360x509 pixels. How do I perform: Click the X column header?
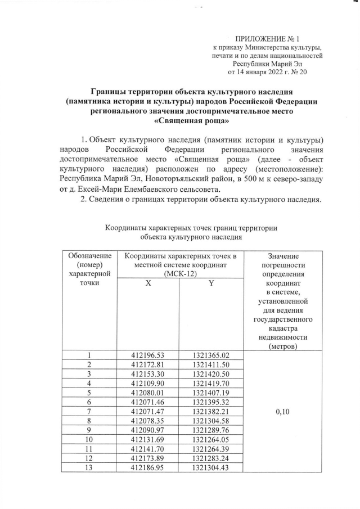(x=148, y=284)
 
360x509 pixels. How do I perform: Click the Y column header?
(x=211, y=284)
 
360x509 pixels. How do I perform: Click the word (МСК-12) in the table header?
(x=181, y=274)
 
